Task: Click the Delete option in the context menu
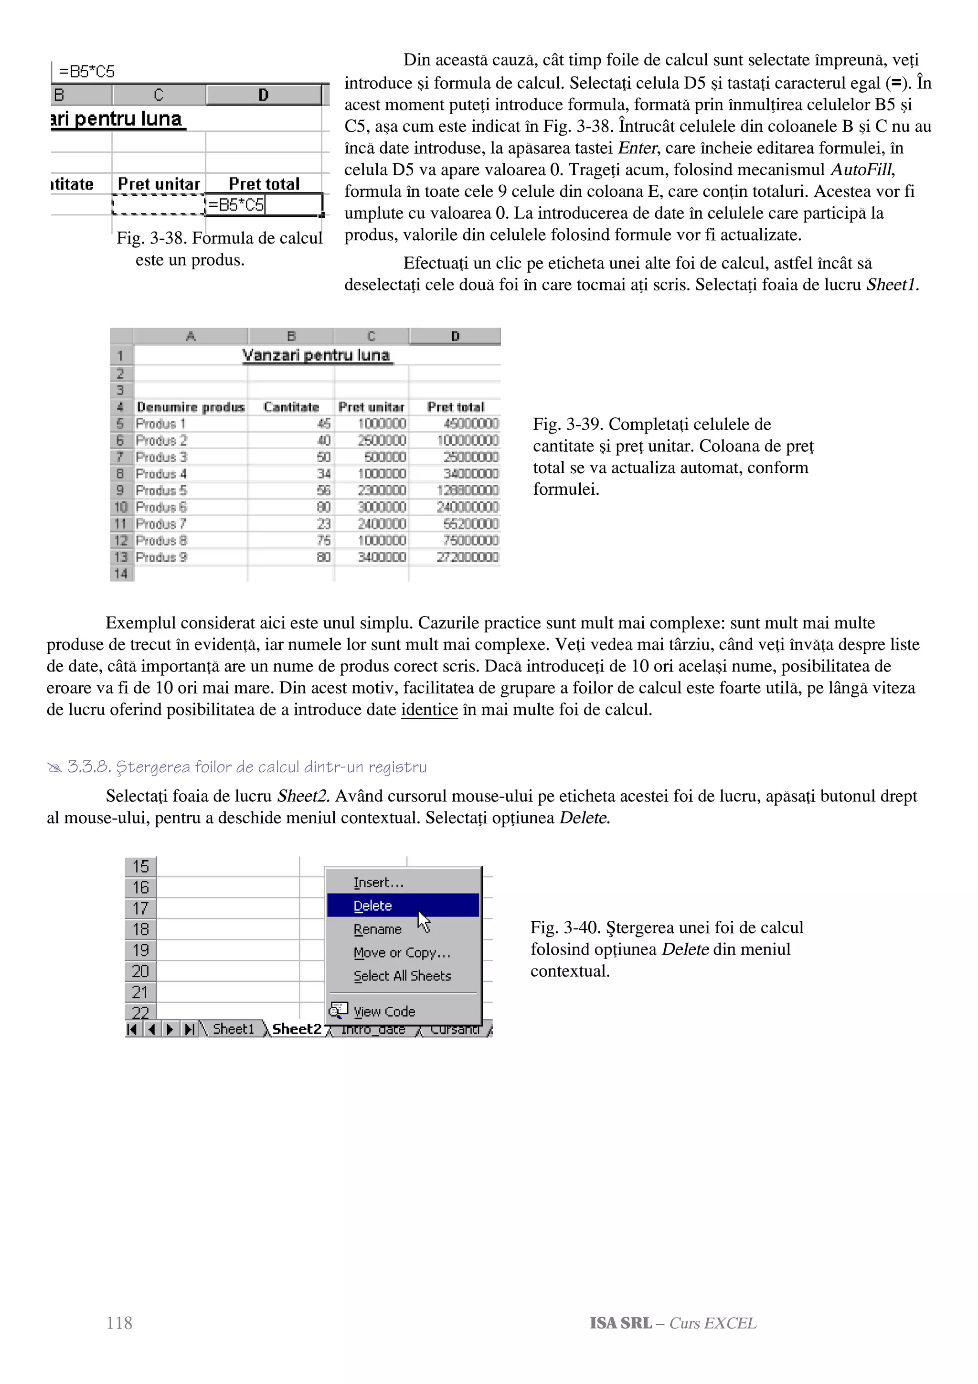pos(372,905)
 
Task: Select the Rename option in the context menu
pos(377,929)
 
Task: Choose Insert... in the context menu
pos(378,883)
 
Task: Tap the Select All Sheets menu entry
pos(402,975)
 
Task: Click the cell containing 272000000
pos(468,557)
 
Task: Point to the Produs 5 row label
pos(161,490)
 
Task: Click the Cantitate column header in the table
pos(291,407)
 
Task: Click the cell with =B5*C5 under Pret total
pos(236,205)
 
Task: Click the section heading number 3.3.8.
pos(88,767)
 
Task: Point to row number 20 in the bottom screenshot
pos(140,970)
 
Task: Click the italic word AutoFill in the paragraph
pos(861,170)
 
